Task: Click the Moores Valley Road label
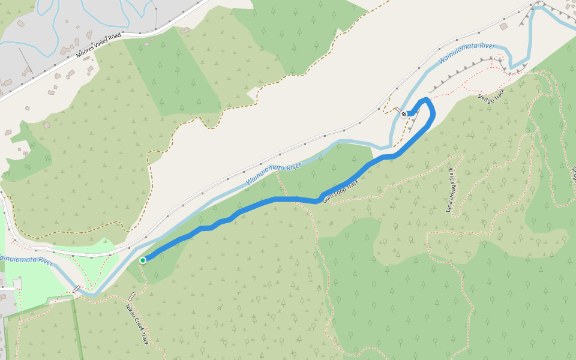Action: coord(98,46)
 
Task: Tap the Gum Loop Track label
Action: coord(341,190)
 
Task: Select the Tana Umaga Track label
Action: coord(450,190)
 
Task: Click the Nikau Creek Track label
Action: coord(137,324)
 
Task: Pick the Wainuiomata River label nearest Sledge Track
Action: coord(466,54)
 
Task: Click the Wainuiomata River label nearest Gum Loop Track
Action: coord(273,175)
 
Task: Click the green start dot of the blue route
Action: coord(143,260)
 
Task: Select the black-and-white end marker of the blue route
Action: coord(405,113)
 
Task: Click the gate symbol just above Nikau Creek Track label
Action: coord(131,296)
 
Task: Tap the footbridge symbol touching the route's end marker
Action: coord(397,110)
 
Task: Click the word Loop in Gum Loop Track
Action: coord(340,191)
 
